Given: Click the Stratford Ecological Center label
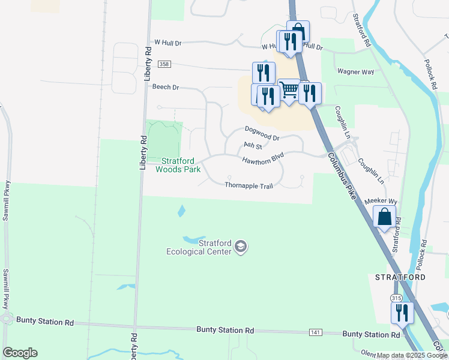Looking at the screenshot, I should point(199,247).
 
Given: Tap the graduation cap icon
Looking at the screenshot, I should point(241,246).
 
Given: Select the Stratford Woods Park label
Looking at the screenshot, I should point(178,164).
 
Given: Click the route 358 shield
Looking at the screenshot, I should point(164,64).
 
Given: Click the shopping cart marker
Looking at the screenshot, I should point(289,90).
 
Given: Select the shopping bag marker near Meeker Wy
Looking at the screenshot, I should point(385,217).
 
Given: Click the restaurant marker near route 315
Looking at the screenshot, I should point(402,313).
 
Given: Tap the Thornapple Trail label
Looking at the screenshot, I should point(249,185).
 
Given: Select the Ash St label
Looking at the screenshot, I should point(253,146).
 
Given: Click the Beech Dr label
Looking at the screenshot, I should point(166,87).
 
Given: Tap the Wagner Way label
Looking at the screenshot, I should point(355,71).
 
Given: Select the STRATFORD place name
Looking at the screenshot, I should point(400,277).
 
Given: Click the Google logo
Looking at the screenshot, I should point(20,353).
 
